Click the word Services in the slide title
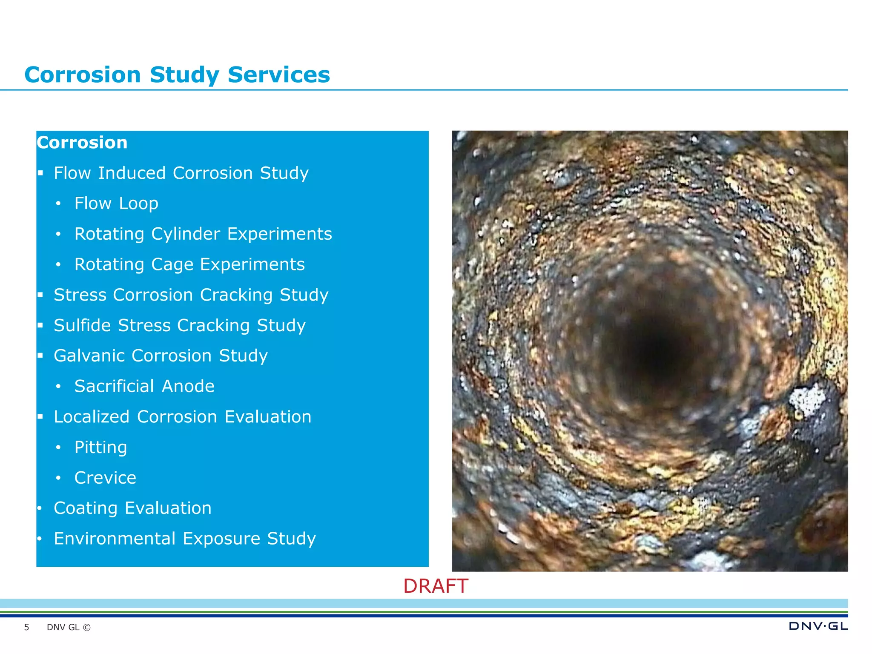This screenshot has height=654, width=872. [x=278, y=75]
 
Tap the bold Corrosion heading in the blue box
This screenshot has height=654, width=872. [x=82, y=143]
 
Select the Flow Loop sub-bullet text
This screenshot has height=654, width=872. [x=116, y=204]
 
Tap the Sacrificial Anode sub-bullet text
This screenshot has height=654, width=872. [x=144, y=386]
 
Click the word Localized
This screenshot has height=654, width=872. [x=92, y=417]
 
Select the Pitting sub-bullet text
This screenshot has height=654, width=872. [x=100, y=447]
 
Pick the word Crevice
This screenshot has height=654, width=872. [x=105, y=478]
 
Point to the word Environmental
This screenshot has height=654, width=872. [x=115, y=539]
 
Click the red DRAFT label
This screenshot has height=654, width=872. [x=436, y=586]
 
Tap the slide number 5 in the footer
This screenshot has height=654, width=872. [x=26, y=627]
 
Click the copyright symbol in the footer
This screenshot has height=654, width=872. [x=86, y=627]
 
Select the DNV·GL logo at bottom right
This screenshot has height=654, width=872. [x=818, y=626]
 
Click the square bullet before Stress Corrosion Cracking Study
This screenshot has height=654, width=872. [x=40, y=295]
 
